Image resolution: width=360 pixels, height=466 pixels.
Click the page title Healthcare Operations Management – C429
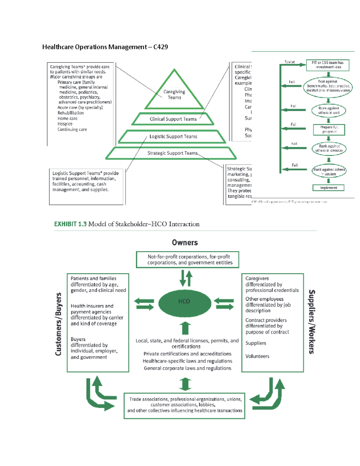[x=105, y=47]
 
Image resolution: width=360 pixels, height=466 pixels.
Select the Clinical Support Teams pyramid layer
[x=173, y=119]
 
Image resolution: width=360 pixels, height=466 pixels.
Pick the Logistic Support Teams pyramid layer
[x=173, y=137]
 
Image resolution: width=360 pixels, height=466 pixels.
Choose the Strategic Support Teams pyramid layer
[x=172, y=153]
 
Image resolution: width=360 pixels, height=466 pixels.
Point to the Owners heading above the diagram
[x=185, y=243]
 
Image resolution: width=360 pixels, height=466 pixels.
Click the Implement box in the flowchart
[x=328, y=188]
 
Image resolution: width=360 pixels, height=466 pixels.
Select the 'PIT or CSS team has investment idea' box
[x=328, y=65]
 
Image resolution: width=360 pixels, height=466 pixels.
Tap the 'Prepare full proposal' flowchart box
[x=329, y=130]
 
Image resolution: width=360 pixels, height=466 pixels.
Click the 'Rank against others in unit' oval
[x=328, y=111]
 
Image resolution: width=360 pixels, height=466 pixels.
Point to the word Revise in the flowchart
[x=289, y=62]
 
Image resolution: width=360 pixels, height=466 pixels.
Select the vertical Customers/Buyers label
[x=58, y=324]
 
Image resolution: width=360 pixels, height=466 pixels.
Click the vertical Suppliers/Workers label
[x=312, y=322]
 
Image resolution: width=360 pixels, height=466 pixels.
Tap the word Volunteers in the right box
[x=257, y=356]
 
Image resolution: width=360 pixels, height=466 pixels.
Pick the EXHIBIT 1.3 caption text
[x=127, y=224]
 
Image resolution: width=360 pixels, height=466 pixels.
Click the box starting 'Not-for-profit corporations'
[x=187, y=260]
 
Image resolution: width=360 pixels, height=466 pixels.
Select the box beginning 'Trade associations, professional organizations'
[x=184, y=405]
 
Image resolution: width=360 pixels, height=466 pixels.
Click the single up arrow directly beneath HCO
[x=185, y=328]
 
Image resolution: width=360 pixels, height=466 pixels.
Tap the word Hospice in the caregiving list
[x=65, y=124]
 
